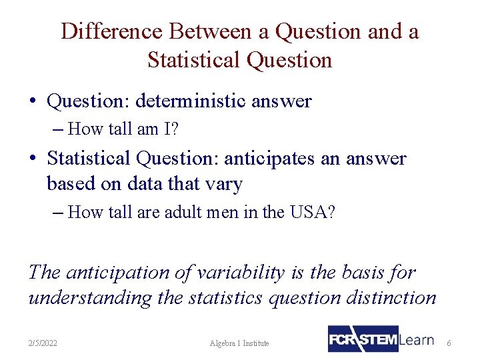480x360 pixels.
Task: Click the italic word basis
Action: coord(367,273)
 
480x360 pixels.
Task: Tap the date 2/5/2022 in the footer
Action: coord(43,343)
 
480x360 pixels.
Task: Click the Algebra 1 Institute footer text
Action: coord(239,343)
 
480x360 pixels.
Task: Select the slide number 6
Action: coord(449,343)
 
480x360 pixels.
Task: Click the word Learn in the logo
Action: coord(417,339)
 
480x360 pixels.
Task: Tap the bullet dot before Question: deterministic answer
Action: coord(33,102)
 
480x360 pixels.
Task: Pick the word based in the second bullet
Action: coord(71,183)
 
